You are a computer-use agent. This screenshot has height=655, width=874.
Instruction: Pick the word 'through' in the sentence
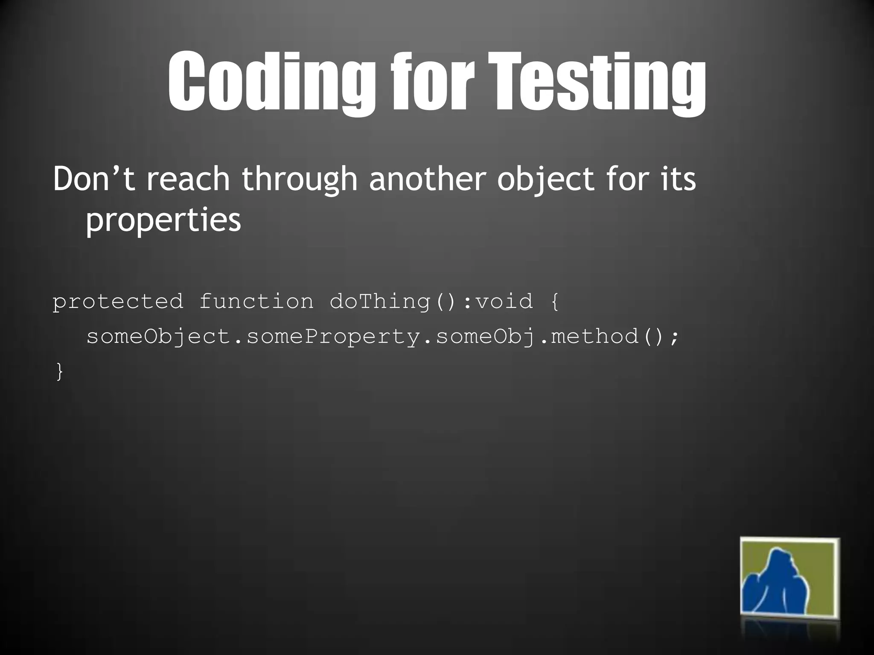click(299, 179)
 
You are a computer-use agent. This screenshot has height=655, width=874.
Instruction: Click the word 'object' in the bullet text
click(545, 179)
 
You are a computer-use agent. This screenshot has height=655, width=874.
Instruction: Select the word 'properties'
click(163, 220)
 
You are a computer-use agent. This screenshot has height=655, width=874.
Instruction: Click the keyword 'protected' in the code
click(118, 302)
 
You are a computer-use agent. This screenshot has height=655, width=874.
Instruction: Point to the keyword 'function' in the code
click(256, 301)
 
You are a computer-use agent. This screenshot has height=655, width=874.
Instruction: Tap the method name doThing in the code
click(379, 302)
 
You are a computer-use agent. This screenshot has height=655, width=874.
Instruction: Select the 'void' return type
click(504, 301)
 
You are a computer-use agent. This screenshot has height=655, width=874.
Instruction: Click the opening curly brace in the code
click(554, 302)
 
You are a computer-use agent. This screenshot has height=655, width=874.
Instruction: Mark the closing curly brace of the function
click(59, 371)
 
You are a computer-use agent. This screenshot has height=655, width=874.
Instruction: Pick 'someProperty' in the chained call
click(333, 337)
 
